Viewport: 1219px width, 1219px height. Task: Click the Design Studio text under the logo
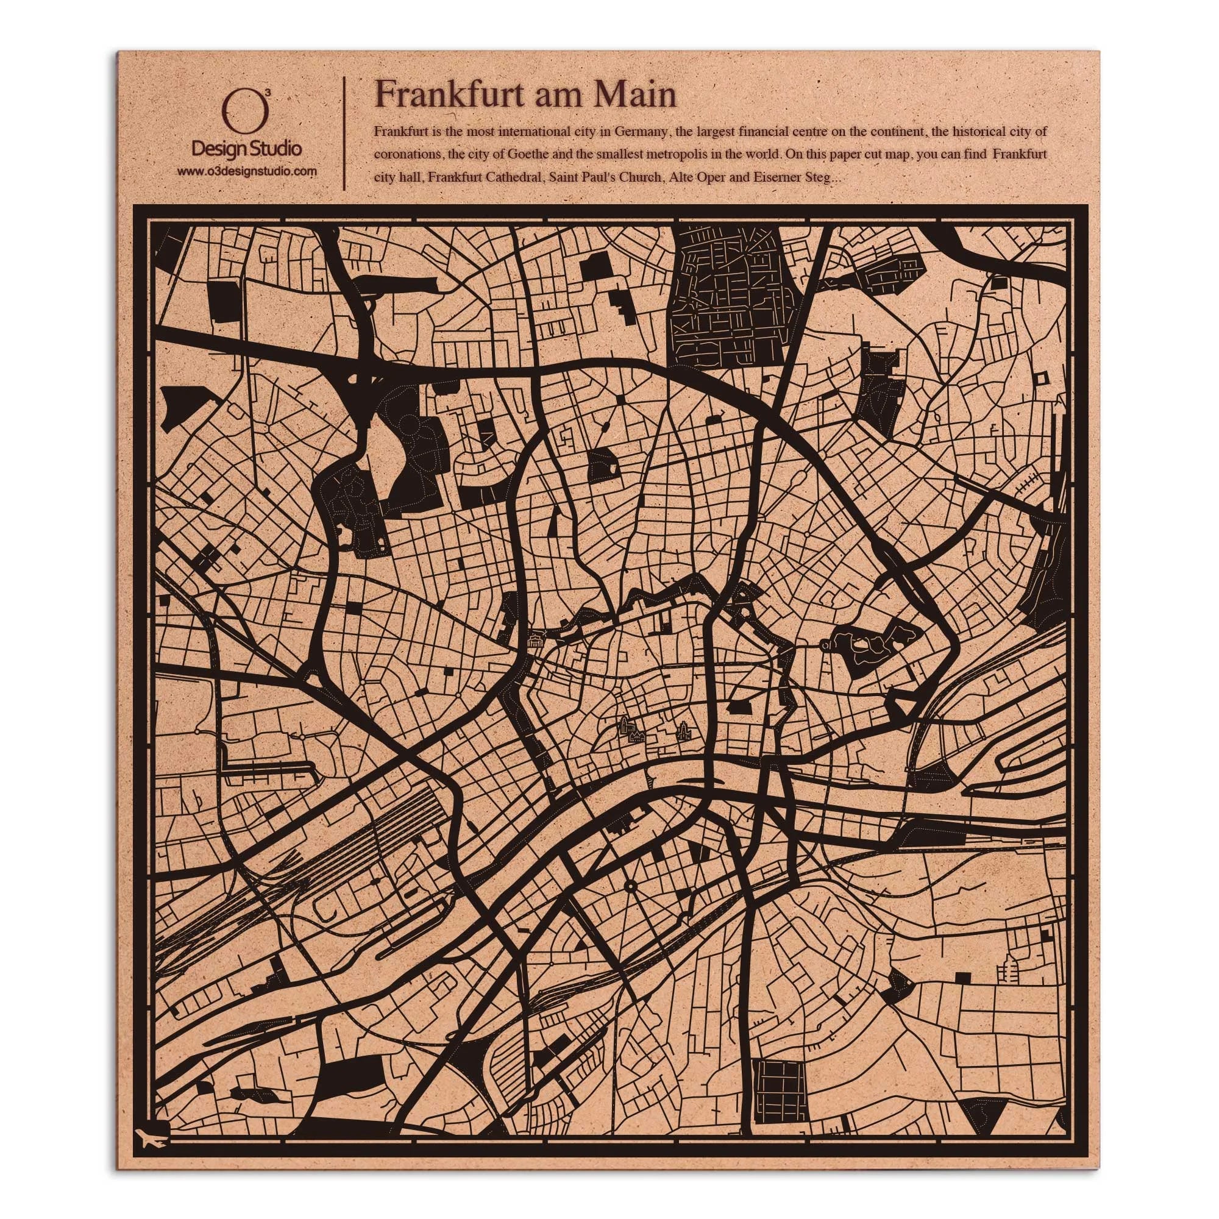pyautogui.click(x=246, y=149)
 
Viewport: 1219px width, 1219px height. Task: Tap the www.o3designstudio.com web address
pyautogui.click(x=246, y=171)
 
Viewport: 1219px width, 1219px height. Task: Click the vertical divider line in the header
pyautogui.click(x=344, y=133)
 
